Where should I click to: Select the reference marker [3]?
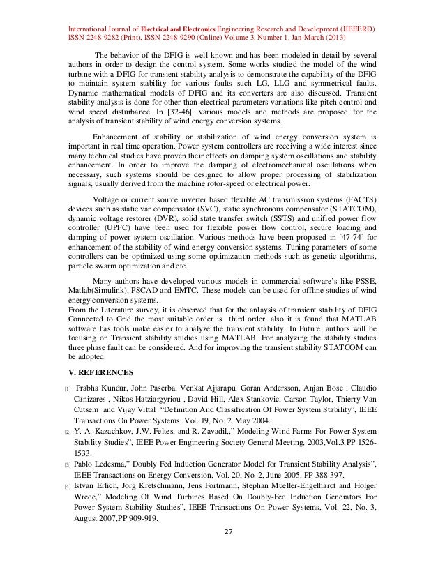tap(67, 464)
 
